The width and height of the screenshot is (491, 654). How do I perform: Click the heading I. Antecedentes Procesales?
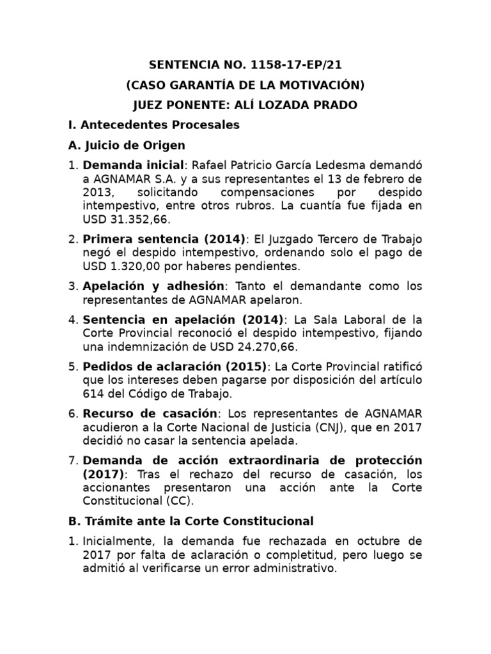tap(154, 125)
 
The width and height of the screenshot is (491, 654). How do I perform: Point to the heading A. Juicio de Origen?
tap(127, 145)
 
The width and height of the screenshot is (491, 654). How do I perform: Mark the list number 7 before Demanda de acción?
tap(72, 460)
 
